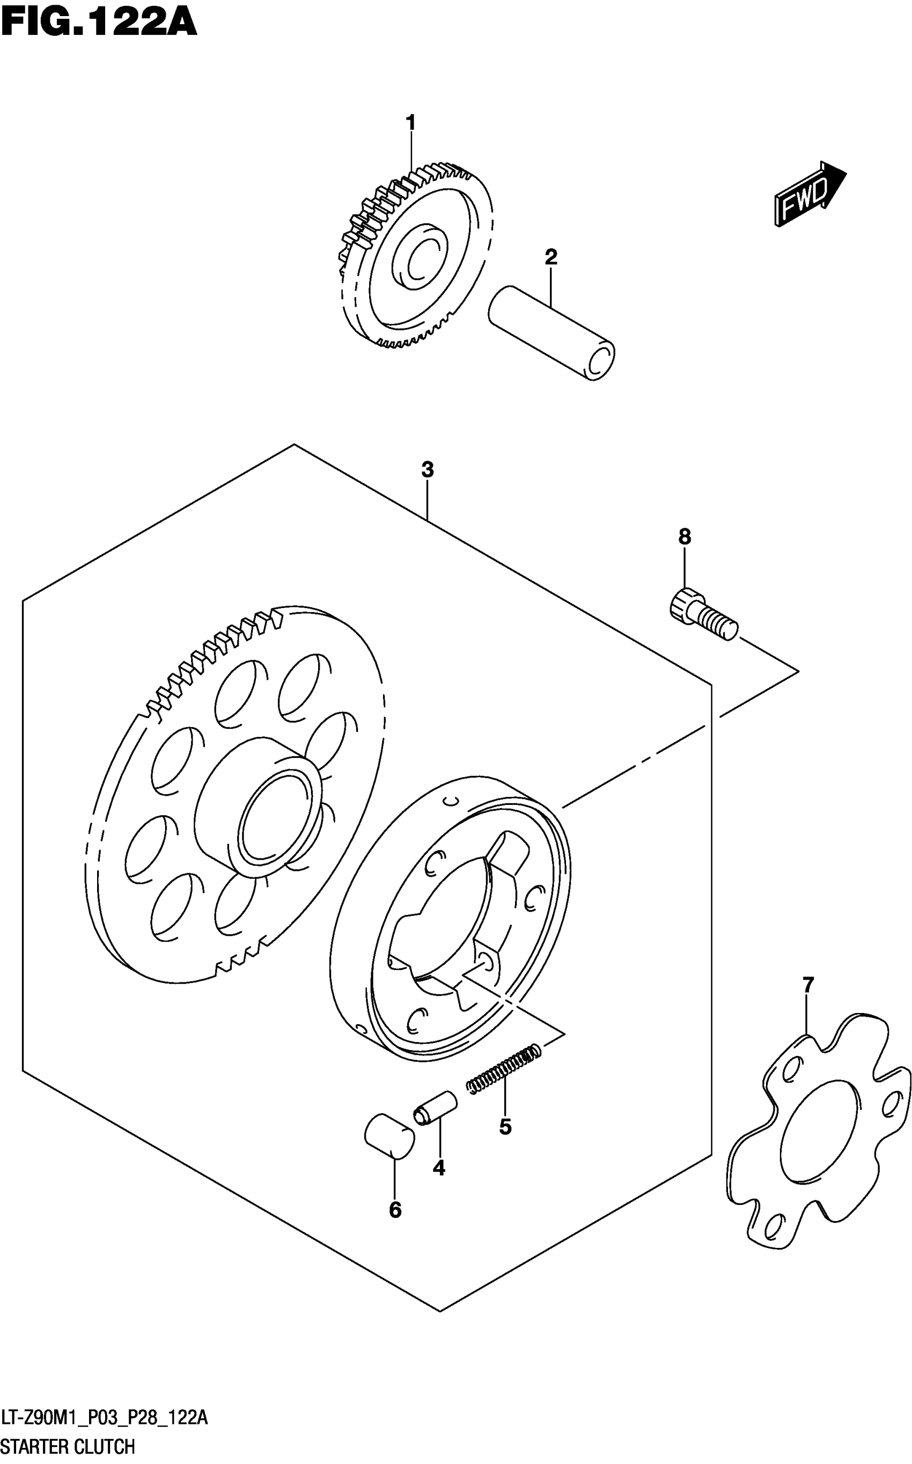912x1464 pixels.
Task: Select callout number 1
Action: pyautogui.click(x=411, y=123)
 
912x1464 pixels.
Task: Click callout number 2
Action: pyautogui.click(x=551, y=257)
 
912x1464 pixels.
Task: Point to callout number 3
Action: pyautogui.click(x=427, y=470)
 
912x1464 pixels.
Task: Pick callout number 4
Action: pyautogui.click(x=439, y=1169)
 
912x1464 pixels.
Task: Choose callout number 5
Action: pyautogui.click(x=505, y=1126)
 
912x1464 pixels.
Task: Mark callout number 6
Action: pyautogui.click(x=395, y=1210)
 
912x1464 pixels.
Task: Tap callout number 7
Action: pyautogui.click(x=808, y=985)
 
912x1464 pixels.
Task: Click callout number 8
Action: pyautogui.click(x=685, y=536)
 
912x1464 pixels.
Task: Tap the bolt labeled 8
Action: pyautogui.click(x=703, y=615)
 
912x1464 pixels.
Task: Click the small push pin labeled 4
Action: pyautogui.click(x=435, y=1107)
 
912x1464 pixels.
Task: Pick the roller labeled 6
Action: pyautogui.click(x=389, y=1136)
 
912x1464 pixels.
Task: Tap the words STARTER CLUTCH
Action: pyautogui.click(x=68, y=1447)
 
